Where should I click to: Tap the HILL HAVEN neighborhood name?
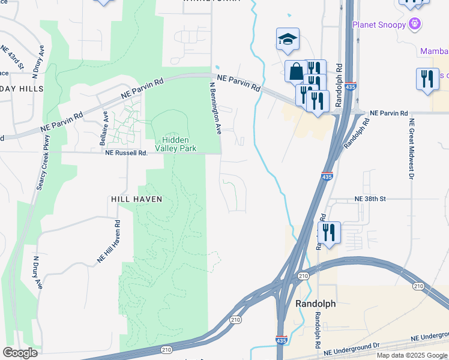[x=136, y=199]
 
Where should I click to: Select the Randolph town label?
[x=316, y=304]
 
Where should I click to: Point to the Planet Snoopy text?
[x=378, y=25]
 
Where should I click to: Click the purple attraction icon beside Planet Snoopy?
[x=415, y=24]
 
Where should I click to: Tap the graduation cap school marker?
[x=288, y=40]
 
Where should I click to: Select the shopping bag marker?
[x=296, y=72]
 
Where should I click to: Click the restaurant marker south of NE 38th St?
[x=329, y=231]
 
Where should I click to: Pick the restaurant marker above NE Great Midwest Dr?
[x=427, y=79]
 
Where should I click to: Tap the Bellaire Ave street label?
[x=103, y=128]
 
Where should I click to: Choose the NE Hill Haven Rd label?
[x=110, y=241]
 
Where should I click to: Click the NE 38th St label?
[x=370, y=198]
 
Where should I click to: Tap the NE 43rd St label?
[x=13, y=57]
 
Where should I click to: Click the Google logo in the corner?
[x=20, y=352]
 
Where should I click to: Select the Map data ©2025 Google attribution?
[x=411, y=355]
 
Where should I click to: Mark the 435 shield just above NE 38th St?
[x=326, y=177]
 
